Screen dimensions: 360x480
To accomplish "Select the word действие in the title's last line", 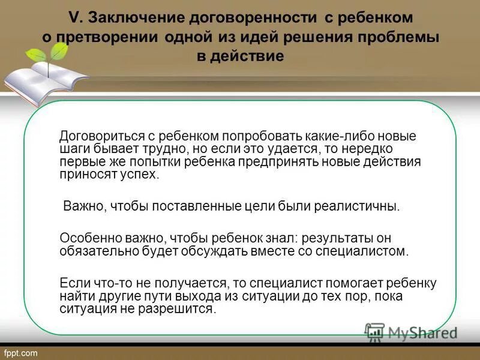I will [x=247, y=56].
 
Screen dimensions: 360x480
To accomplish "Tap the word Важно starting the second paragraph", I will [x=83, y=206].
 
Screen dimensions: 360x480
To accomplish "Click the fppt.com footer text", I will [x=21, y=353].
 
